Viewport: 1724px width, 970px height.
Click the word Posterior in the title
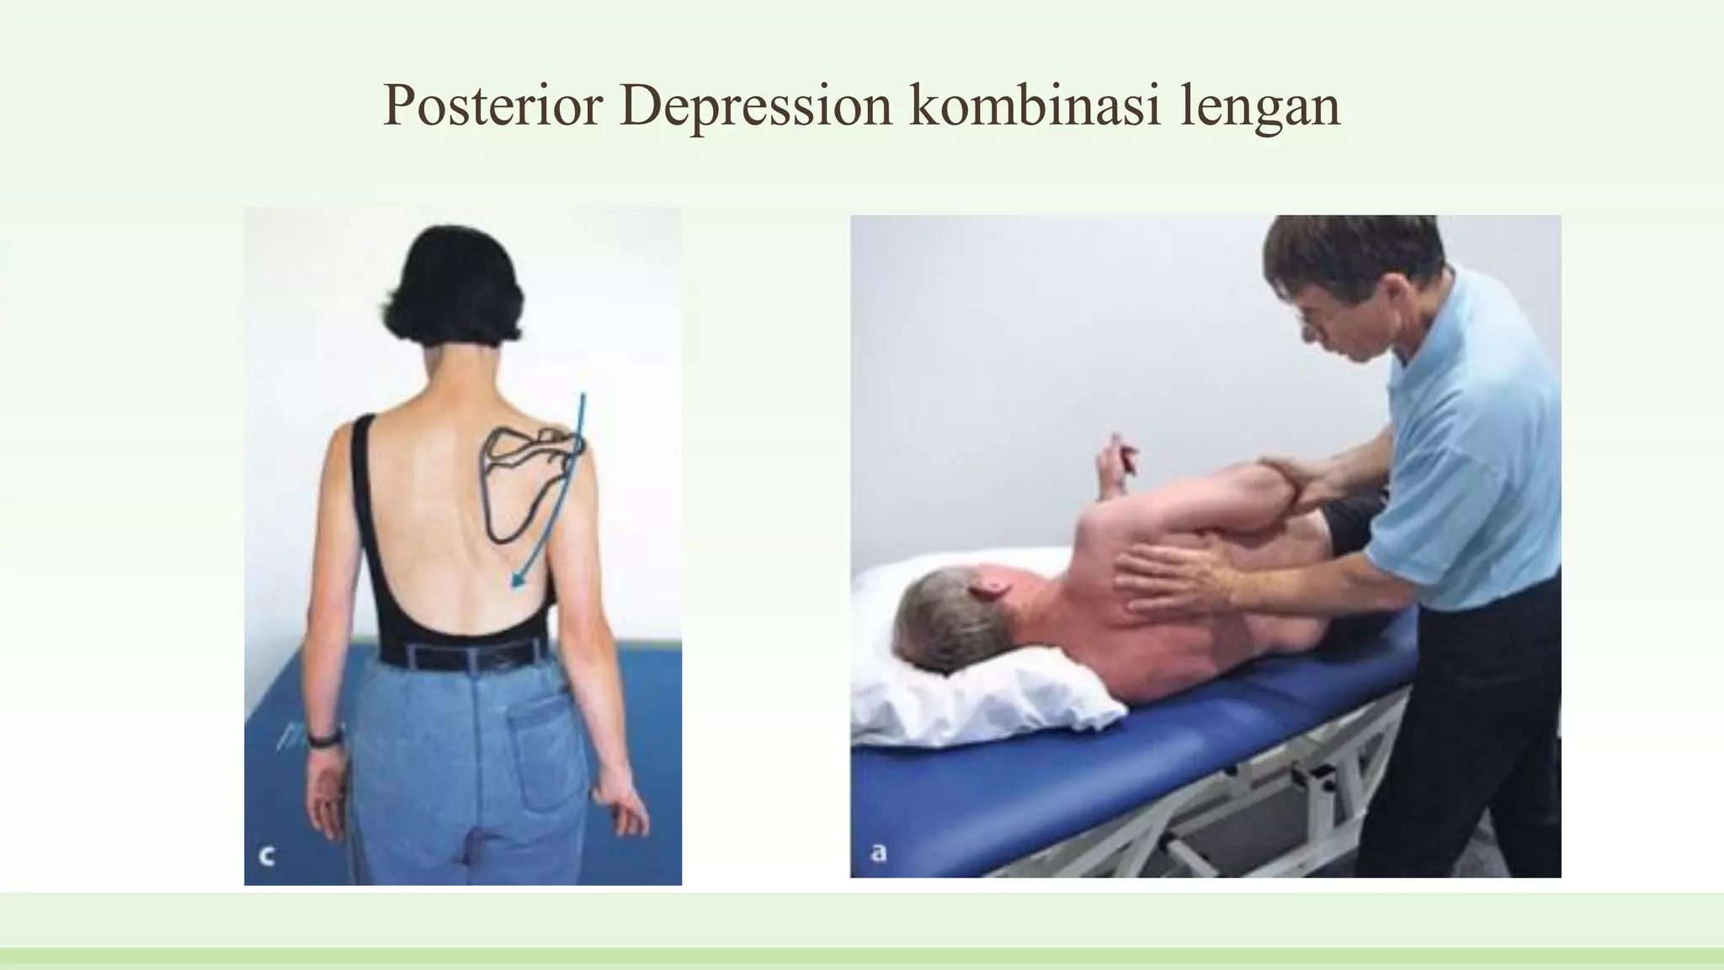pyautogui.click(x=492, y=106)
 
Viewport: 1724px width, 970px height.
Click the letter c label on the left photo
pyautogui.click(x=267, y=856)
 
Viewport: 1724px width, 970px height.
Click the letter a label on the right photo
pyautogui.click(x=878, y=853)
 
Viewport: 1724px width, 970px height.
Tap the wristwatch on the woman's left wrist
pyautogui.click(x=324, y=738)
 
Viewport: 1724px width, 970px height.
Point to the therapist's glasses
pyautogui.click(x=1313, y=323)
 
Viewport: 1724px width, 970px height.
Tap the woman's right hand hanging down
pyautogui.click(x=621, y=808)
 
